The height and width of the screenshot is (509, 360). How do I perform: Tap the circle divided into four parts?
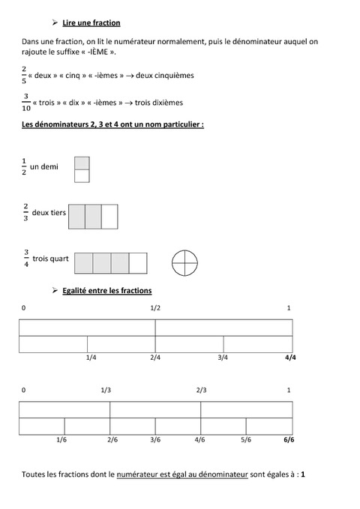tap(184, 262)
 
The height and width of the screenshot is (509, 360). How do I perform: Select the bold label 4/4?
tap(290, 358)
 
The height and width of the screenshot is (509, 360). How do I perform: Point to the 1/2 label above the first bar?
tap(155, 308)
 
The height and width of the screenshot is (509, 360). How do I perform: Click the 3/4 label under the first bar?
tap(223, 358)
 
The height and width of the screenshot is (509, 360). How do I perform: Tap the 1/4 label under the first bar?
tap(91, 358)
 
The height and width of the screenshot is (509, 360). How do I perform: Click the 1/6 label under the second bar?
tap(62, 439)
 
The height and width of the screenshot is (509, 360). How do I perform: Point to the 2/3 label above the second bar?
tap(201, 390)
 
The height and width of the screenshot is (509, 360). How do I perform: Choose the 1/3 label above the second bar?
tap(106, 390)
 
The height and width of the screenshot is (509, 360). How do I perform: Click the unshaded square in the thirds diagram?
tap(109, 216)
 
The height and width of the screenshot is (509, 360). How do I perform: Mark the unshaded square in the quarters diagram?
tap(138, 263)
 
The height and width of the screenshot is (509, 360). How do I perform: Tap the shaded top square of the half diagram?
tap(82, 163)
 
